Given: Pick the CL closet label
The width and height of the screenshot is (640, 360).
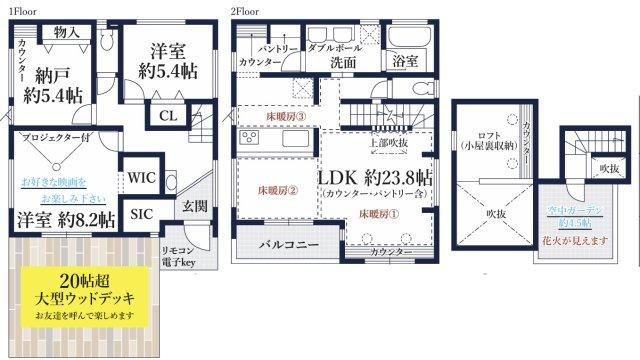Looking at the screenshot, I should (x=169, y=116).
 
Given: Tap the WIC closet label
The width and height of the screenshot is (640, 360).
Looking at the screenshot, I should (x=139, y=179).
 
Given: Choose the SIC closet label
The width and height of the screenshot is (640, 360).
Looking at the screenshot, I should (x=140, y=213).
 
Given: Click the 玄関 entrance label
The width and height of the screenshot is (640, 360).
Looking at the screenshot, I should (x=195, y=206).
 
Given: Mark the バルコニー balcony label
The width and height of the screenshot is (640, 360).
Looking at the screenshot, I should (x=289, y=243).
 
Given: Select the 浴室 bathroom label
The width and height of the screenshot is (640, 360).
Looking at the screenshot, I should (x=404, y=59).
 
